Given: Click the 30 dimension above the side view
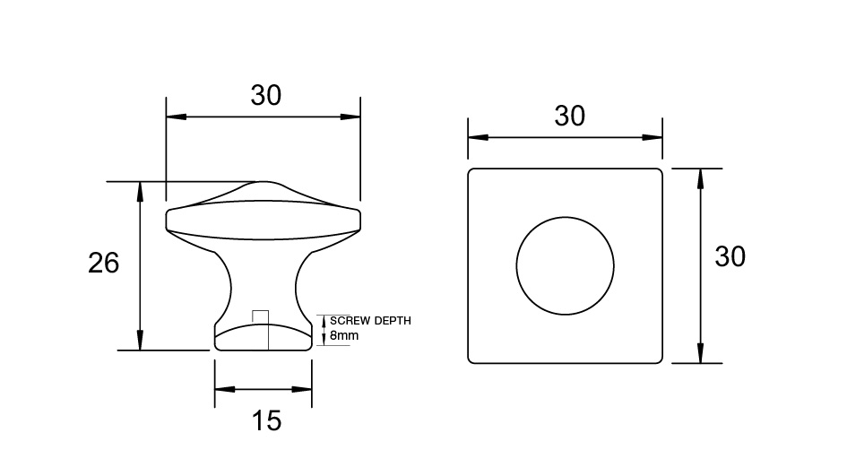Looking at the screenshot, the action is click(266, 95).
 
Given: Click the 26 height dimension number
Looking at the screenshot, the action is click(103, 264).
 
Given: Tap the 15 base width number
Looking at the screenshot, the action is click(266, 420).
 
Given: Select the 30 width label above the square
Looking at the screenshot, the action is click(569, 117).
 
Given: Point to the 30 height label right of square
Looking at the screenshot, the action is click(730, 256).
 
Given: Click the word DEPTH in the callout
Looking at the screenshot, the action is click(393, 320).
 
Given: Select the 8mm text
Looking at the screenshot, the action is click(344, 335).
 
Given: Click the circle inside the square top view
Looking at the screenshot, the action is click(565, 217).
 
